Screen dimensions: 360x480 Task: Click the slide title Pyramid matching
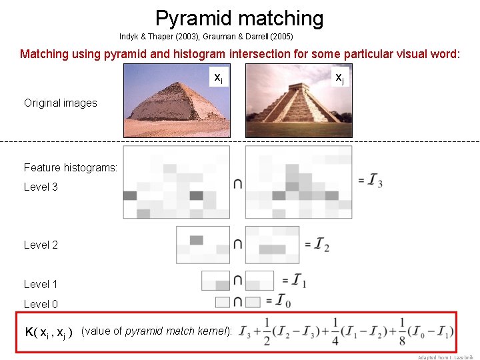point(239,18)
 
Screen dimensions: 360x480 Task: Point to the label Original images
point(61,103)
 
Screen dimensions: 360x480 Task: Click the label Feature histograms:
point(71,167)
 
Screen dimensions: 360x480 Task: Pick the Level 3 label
point(41,187)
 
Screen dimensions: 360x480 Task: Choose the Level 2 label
point(41,245)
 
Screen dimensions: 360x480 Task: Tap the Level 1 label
point(41,284)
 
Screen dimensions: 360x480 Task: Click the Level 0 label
point(41,304)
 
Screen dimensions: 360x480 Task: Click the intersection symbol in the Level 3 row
point(238,183)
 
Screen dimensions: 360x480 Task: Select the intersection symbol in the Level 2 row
point(238,245)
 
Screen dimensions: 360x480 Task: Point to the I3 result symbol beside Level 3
point(375,181)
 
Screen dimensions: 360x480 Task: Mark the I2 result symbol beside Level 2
point(321,245)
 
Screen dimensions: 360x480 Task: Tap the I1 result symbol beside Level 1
point(299,281)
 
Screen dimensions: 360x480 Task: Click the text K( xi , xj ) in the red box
point(48,332)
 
